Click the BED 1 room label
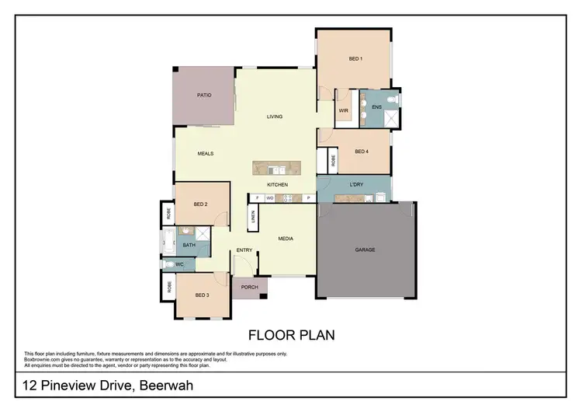355,59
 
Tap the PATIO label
204,95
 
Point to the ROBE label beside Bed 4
333,161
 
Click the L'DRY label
357,184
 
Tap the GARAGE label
365,250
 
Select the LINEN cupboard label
253,218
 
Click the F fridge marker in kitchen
256,198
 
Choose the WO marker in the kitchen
270,198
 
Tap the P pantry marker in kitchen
308,198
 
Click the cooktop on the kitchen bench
287,198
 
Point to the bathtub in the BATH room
168,242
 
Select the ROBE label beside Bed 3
168,285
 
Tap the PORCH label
250,287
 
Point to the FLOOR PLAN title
291,336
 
